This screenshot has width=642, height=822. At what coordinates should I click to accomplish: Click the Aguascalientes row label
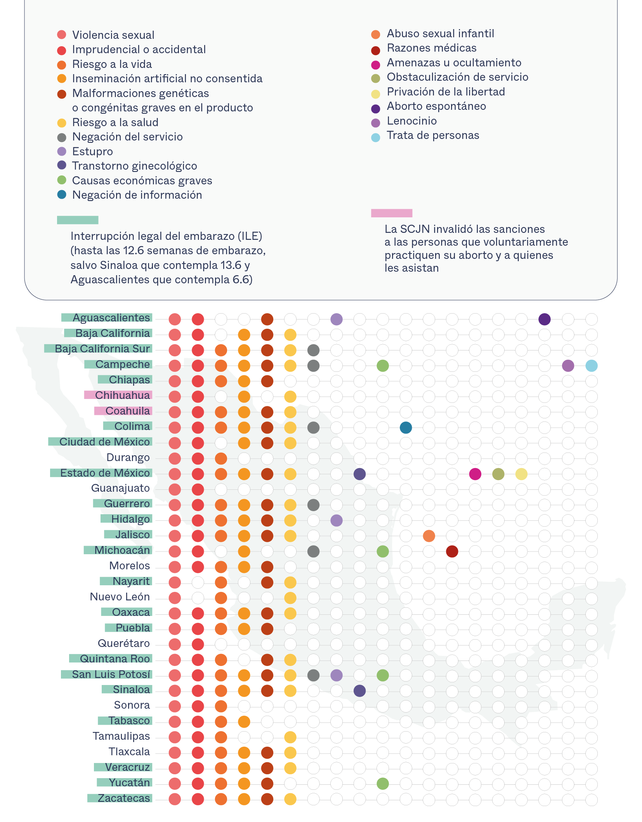(x=111, y=318)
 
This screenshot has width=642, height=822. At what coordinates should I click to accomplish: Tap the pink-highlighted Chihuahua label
(x=122, y=395)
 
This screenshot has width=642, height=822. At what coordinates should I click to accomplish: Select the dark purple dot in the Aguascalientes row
(x=544, y=319)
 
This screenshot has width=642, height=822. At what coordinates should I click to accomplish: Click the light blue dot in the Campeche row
(x=591, y=366)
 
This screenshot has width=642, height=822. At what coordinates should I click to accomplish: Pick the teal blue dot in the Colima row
(x=406, y=427)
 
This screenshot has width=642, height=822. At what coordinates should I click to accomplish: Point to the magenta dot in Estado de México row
(x=475, y=474)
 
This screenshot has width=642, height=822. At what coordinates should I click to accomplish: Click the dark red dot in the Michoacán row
(x=452, y=551)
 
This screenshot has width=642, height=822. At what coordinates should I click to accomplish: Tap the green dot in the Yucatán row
(x=383, y=784)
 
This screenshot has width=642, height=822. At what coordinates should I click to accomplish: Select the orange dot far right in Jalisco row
(x=429, y=536)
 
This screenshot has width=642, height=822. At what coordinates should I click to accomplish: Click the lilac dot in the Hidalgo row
(x=337, y=520)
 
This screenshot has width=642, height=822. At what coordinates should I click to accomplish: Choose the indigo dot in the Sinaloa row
(x=359, y=691)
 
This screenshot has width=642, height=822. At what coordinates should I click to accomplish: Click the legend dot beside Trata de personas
(x=375, y=137)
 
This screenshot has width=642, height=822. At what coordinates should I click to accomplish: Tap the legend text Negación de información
(x=137, y=195)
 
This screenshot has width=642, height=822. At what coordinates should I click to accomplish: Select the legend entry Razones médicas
(x=431, y=48)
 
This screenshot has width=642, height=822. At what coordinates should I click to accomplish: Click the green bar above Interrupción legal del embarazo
(x=78, y=220)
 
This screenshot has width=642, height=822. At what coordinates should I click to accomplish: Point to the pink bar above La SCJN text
(x=391, y=213)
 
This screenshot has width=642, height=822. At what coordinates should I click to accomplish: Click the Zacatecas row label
(x=123, y=798)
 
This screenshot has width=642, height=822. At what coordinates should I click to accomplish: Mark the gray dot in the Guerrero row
(x=313, y=505)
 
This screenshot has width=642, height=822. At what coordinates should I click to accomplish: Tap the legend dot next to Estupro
(x=62, y=151)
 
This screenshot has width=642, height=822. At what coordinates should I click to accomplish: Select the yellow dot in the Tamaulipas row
(x=290, y=737)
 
